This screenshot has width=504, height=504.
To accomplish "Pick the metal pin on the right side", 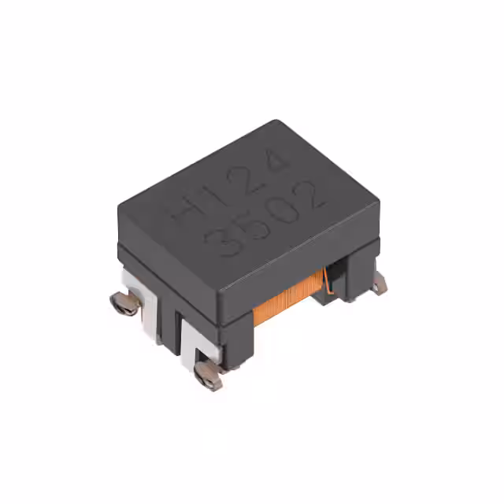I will point(380,283).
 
